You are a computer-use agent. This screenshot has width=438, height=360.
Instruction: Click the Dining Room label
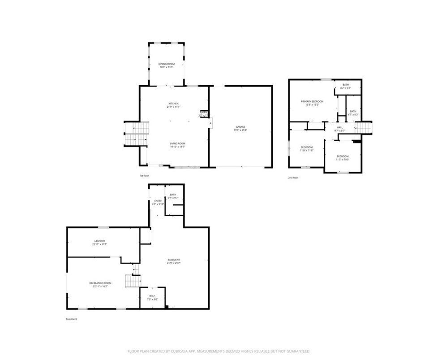tap(166, 65)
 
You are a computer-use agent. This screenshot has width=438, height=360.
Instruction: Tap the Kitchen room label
tap(173, 105)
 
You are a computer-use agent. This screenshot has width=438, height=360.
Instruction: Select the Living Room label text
tap(177, 145)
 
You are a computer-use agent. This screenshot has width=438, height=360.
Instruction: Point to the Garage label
tap(240, 128)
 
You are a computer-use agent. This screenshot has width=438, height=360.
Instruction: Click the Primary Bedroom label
tap(312, 103)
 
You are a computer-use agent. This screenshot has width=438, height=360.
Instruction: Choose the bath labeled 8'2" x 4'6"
tap(346, 86)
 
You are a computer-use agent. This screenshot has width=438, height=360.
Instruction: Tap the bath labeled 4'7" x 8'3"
tap(353, 113)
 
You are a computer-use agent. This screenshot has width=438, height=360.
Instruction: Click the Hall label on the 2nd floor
tap(340, 129)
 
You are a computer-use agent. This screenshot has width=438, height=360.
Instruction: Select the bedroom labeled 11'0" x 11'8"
tap(306, 148)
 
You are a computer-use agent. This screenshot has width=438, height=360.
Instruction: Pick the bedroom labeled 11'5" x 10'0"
tap(343, 157)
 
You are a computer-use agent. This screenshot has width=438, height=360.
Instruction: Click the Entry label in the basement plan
tap(158, 202)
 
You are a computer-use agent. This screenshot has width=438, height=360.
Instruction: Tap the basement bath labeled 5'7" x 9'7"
tap(173, 196)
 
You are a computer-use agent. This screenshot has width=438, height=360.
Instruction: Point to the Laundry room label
tap(100, 243)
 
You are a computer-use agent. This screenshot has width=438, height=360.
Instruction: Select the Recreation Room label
tap(100, 285)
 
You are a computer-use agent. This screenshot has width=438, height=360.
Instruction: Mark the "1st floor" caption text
tap(144, 176)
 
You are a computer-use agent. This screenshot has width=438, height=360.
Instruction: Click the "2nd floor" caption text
tap(293, 178)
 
